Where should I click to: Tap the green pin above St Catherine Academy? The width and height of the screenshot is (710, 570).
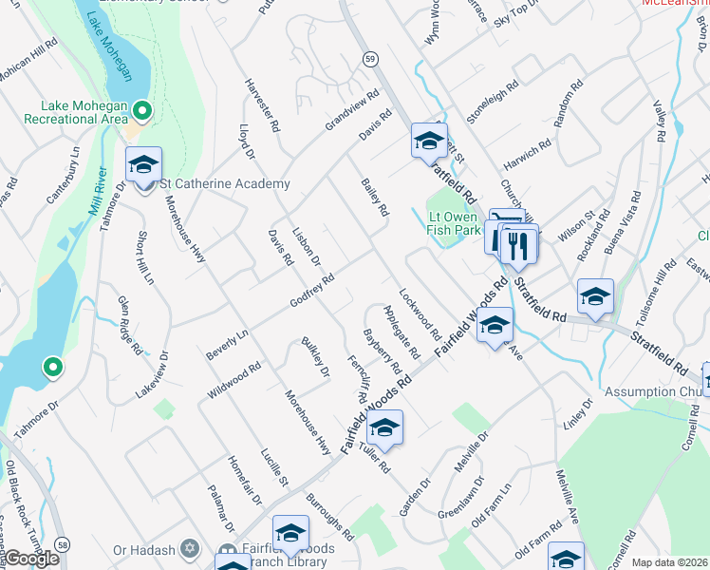click(142, 112)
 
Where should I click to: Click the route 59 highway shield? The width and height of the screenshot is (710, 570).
click(370, 59)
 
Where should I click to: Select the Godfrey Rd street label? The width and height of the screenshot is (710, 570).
click(313, 292)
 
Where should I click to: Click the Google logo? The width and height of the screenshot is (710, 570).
click(31, 559)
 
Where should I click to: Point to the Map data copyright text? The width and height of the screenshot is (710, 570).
click(668, 562)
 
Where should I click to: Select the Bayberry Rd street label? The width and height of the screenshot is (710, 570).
click(383, 351)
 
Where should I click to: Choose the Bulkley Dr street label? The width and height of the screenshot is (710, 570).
click(314, 356)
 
